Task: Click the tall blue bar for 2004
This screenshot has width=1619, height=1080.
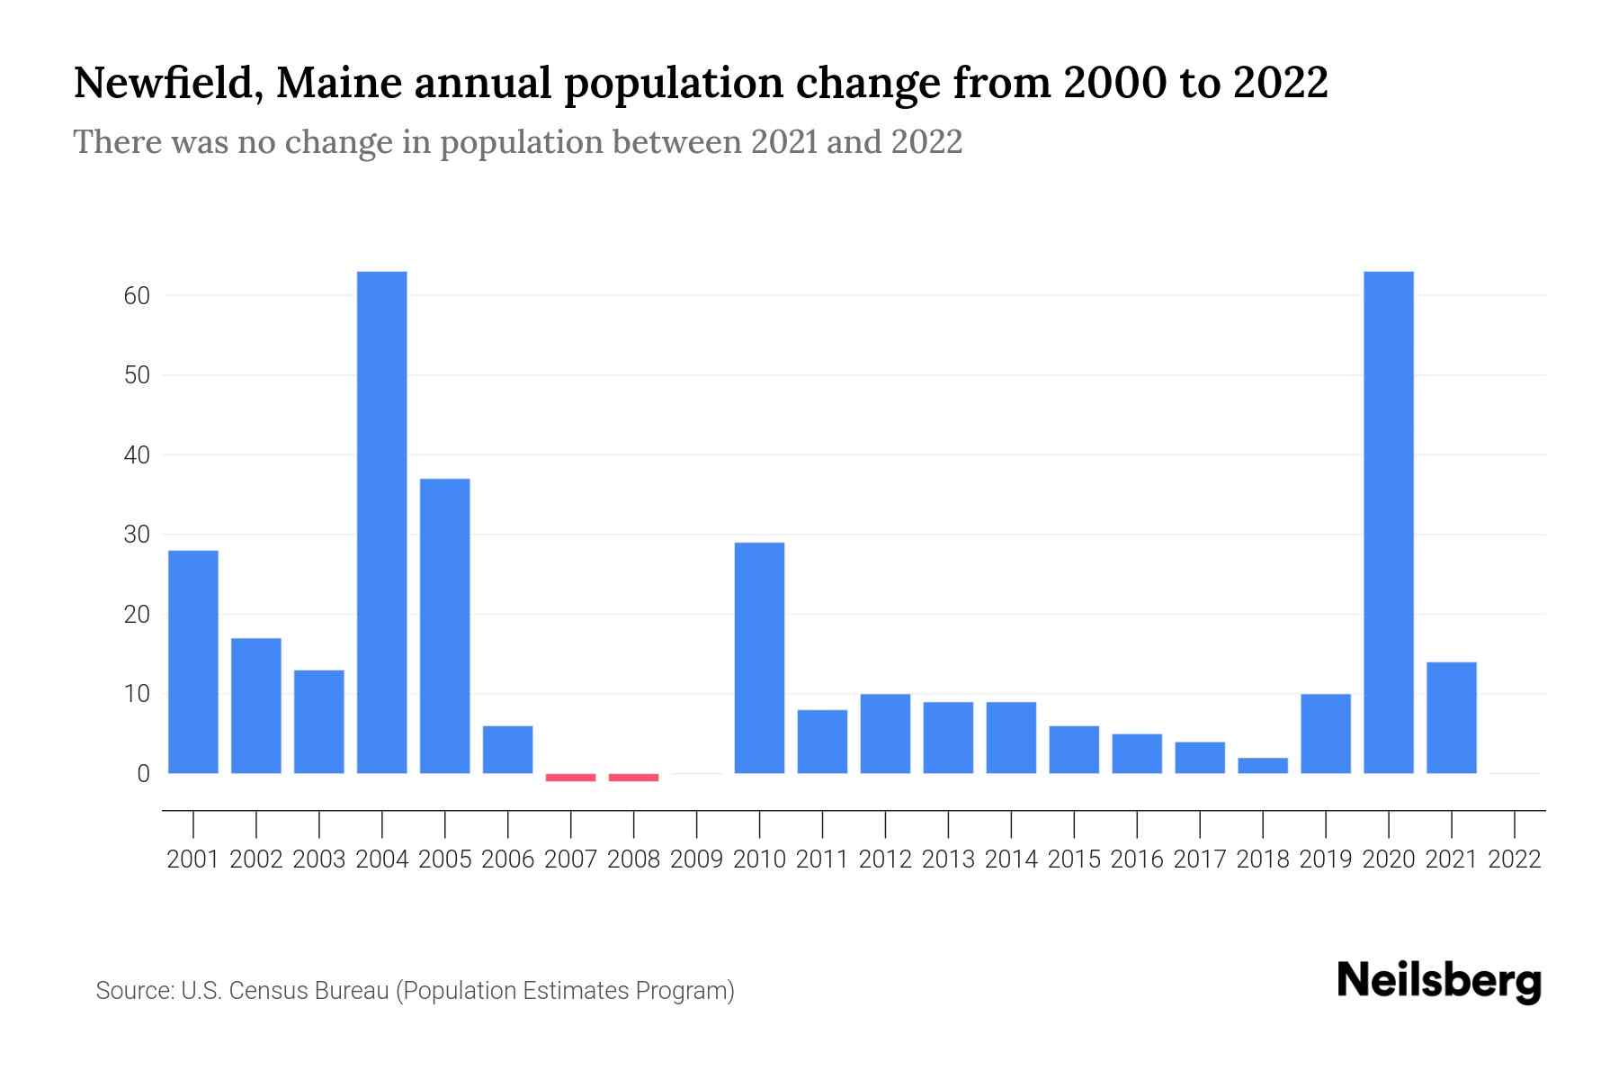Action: [x=381, y=522]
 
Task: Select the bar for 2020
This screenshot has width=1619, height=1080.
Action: [x=1388, y=522]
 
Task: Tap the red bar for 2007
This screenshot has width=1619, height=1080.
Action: [x=570, y=777]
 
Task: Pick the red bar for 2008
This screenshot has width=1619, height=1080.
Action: [x=633, y=777]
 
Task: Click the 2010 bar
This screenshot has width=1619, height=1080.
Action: [x=759, y=657]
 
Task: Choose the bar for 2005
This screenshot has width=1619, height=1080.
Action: [x=444, y=625]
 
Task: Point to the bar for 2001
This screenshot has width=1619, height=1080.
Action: [x=193, y=661]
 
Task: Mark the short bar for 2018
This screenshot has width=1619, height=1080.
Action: [x=1262, y=765]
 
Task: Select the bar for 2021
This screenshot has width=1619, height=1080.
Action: [x=1451, y=717]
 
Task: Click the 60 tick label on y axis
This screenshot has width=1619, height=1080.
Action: [x=137, y=296]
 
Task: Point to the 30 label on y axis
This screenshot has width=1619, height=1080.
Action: [x=137, y=535]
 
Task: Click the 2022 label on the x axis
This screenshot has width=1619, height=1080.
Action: [x=1514, y=859]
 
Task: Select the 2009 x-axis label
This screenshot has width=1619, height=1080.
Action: [x=696, y=859]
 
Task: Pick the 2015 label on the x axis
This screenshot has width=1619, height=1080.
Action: [x=1074, y=859]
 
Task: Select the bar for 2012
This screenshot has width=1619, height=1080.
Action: [x=885, y=733]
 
